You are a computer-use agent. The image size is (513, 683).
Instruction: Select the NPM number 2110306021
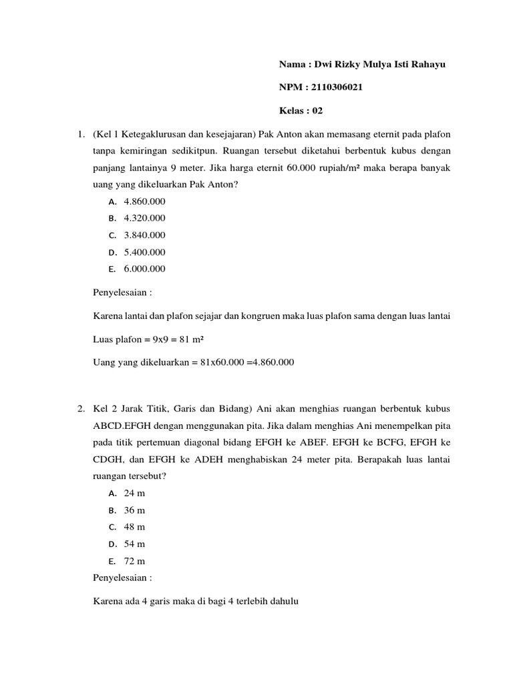click(x=336, y=87)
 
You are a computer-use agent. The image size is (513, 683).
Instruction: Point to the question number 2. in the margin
click(x=81, y=408)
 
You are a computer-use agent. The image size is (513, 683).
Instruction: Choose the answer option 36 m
click(x=134, y=510)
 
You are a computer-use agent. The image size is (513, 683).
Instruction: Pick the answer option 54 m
click(x=134, y=544)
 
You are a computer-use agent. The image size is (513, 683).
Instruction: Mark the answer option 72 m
click(x=134, y=560)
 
